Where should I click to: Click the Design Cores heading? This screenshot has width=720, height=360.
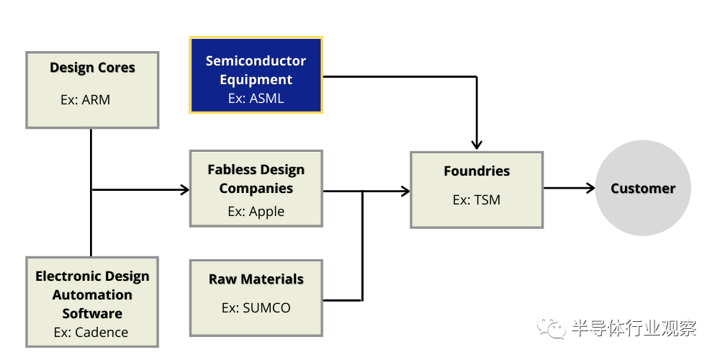coord(92,68)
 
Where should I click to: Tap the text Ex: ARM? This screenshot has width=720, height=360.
coord(86,99)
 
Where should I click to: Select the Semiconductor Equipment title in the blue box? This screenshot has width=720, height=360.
coord(256,70)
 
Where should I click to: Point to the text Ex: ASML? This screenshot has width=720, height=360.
coord(256,98)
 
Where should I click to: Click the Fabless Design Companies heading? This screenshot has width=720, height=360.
coord(256,179)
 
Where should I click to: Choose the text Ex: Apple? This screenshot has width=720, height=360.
coord(256,211)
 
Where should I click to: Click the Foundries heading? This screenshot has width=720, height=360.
coord(477,171)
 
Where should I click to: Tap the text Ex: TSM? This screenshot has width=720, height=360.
coord(477,199)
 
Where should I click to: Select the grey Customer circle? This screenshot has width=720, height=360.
coord(643,188)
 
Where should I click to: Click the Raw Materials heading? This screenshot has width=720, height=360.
coord(256,279)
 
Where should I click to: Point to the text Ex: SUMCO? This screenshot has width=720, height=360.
coord(256,307)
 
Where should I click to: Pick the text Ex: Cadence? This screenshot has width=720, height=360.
coord(91,332)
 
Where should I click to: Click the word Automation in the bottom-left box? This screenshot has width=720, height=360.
coord(92,294)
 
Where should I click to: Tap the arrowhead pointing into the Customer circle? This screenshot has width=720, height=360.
coord(590,188)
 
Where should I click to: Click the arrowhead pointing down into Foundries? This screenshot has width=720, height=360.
coord(477,144)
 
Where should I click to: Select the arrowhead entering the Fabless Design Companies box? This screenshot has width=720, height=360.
coord(184,189)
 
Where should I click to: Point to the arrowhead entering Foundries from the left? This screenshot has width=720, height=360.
coord(405,191)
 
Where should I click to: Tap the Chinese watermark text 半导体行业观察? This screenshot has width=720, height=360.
coord(634,328)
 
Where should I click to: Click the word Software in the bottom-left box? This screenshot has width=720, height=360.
coord(92,314)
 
